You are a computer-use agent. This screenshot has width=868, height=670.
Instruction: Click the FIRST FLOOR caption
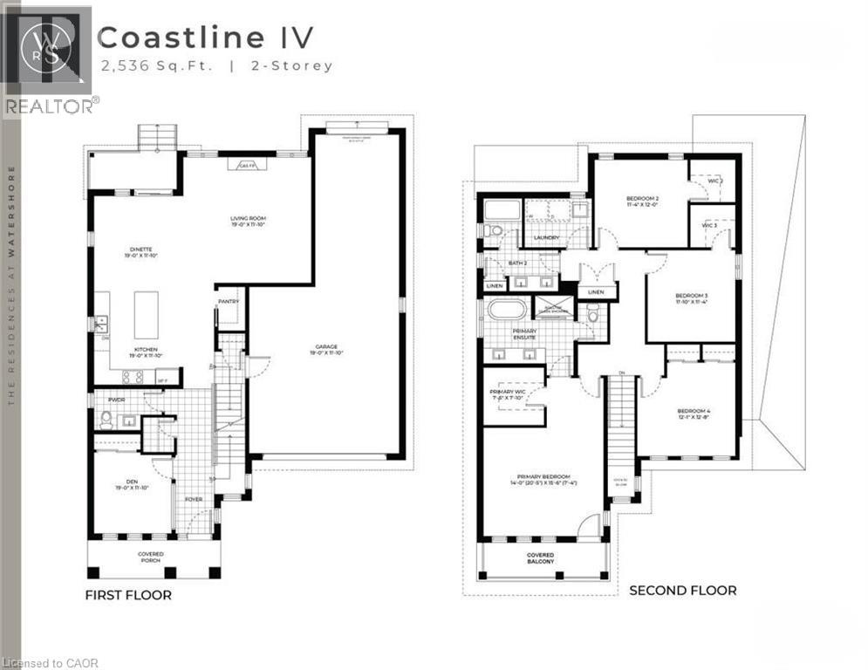(127, 595)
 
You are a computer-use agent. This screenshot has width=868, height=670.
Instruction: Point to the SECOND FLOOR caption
(682, 591)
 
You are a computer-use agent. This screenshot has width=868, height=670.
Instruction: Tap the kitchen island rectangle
(146, 314)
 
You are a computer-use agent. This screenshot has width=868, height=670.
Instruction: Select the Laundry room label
(546, 236)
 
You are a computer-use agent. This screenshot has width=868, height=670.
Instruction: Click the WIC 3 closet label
(709, 225)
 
